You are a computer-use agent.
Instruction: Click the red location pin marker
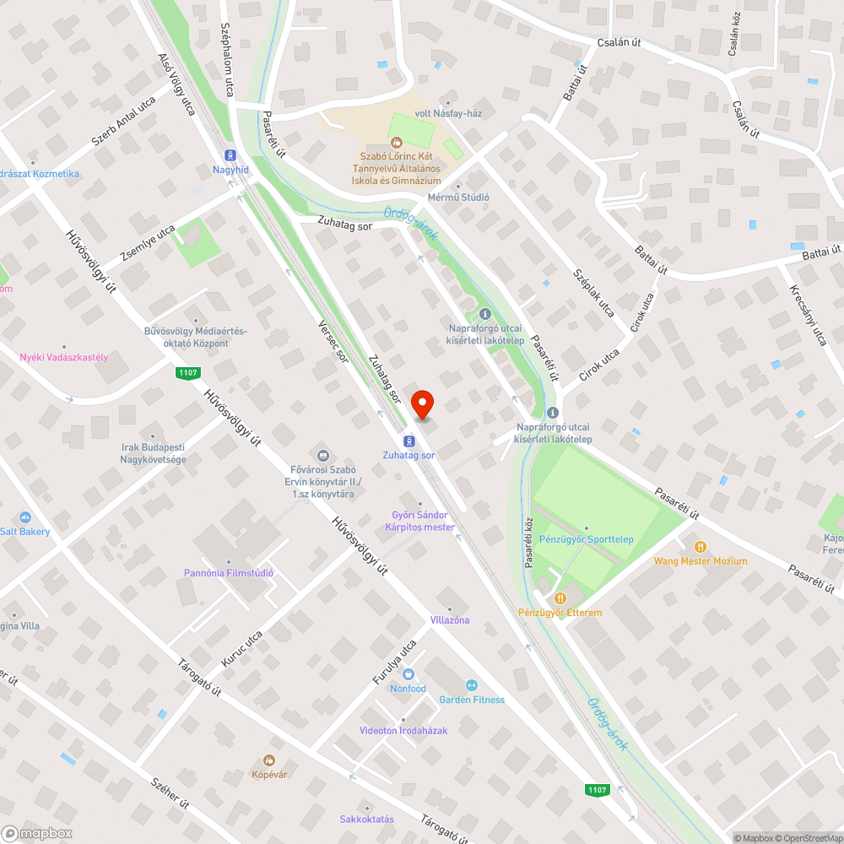422,406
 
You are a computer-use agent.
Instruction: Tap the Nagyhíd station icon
230,155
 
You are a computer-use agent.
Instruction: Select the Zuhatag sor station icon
408,441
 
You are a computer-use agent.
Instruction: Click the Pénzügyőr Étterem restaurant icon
558,598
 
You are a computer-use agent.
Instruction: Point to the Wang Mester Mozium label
700,561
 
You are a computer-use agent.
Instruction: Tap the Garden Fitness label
472,700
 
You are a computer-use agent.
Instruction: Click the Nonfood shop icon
408,674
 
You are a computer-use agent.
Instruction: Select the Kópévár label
269,774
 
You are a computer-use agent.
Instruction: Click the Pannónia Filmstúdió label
229,573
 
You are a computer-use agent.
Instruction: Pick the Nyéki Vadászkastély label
64,357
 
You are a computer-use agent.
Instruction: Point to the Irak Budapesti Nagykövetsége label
153,453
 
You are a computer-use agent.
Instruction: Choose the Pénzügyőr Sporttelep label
587,539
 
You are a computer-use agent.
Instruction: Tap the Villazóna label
450,620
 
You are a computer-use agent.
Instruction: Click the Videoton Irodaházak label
403,730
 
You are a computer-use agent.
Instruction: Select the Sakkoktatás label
366,819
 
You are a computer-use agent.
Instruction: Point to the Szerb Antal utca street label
124,121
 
